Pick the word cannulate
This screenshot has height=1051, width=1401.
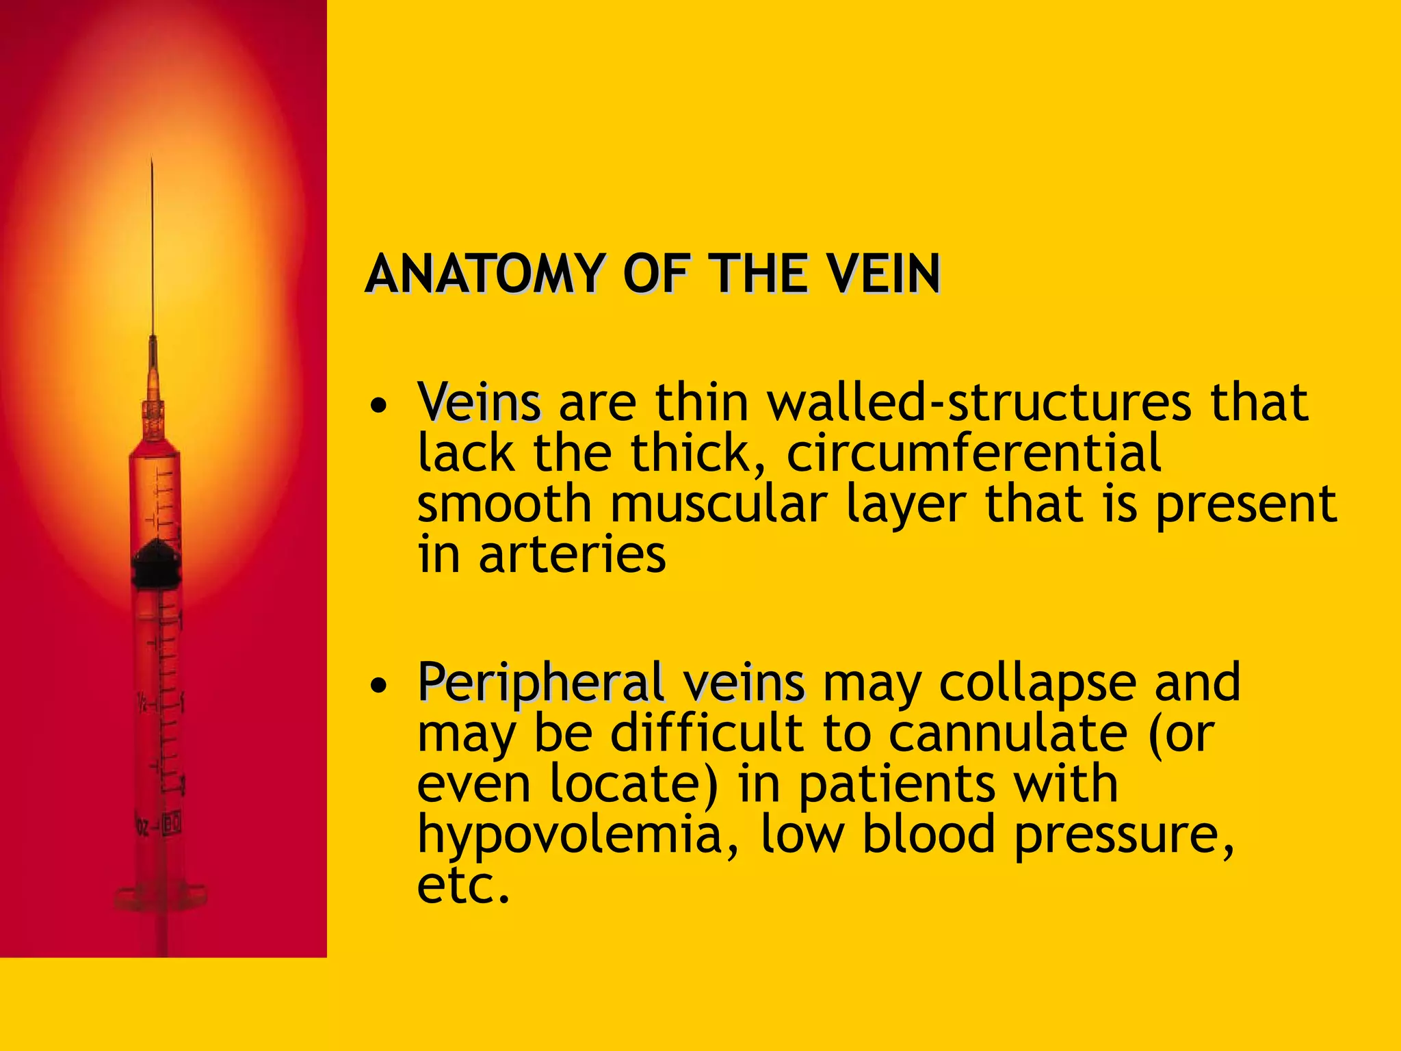click(x=1008, y=734)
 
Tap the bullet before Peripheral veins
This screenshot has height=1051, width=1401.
click(x=378, y=685)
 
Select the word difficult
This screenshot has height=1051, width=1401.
click(x=707, y=734)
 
